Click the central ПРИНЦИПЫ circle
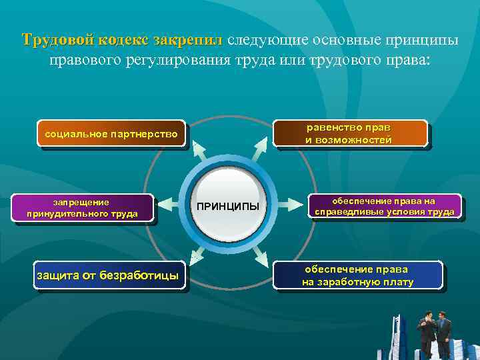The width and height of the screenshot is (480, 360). (x=228, y=205)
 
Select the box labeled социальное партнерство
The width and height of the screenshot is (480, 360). (x=111, y=135)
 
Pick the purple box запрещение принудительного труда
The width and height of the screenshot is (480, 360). (x=82, y=207)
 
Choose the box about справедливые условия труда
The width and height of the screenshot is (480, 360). (x=384, y=207)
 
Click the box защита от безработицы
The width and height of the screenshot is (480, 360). (x=110, y=275)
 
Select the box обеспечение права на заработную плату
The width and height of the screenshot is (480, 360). (x=358, y=275)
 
